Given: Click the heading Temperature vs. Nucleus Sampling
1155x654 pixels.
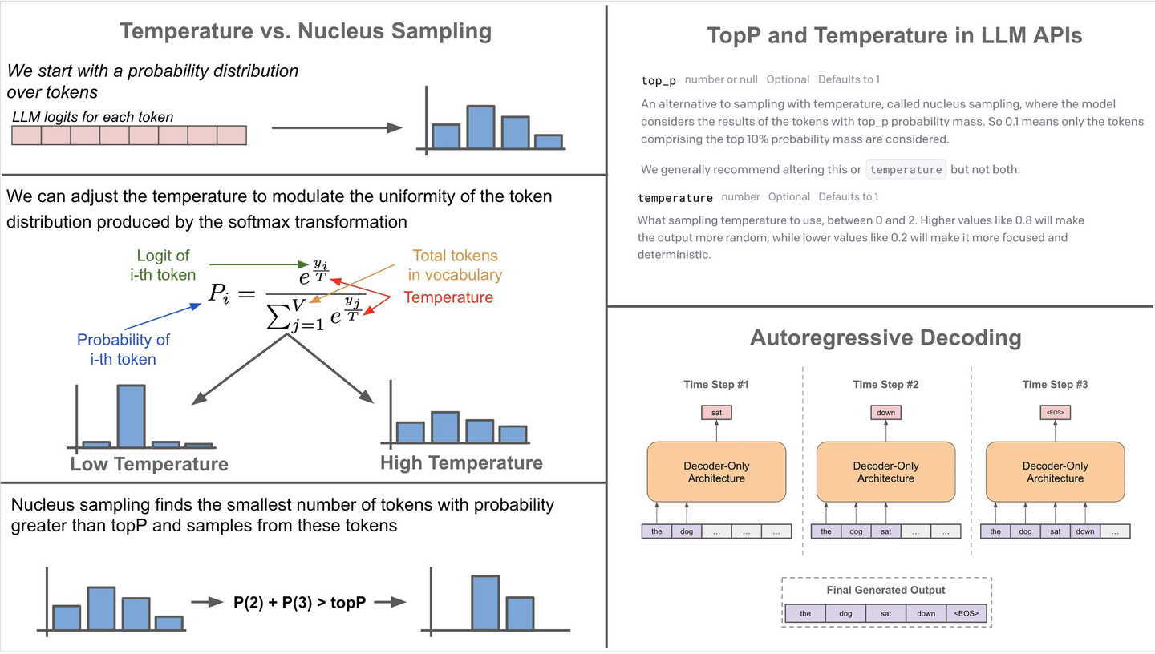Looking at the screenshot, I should click(x=305, y=32).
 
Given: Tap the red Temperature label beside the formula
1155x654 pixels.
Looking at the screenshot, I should click(x=448, y=297).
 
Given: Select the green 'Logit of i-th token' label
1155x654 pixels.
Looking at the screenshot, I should click(x=163, y=265).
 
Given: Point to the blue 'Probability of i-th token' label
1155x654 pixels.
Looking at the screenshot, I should click(x=123, y=349).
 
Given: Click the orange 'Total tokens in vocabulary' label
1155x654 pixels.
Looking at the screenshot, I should click(x=455, y=265).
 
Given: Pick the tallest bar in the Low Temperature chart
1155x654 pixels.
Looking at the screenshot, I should click(x=132, y=415).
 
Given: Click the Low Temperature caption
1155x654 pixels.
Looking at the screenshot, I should click(x=149, y=465).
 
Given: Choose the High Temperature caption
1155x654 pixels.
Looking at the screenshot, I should click(x=461, y=463).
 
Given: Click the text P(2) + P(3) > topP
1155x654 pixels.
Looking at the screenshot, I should click(x=300, y=603).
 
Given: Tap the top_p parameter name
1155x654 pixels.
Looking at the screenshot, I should click(x=659, y=80).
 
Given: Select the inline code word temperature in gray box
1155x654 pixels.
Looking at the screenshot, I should click(x=906, y=170).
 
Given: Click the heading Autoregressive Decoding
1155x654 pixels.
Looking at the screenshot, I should click(x=885, y=337).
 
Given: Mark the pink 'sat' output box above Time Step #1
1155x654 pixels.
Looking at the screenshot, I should click(x=716, y=413).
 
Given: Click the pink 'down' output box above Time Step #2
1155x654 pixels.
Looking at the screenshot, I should click(x=885, y=413).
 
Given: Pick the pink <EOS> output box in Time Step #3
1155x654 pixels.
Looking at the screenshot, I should click(x=1055, y=413).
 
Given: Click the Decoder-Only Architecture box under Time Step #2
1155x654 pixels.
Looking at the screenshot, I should click(x=885, y=472).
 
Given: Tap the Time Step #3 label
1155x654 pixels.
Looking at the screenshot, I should click(x=1055, y=385).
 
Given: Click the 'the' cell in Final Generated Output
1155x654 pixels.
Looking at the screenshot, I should click(x=805, y=614).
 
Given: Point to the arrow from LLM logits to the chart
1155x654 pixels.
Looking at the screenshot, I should click(x=337, y=128).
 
